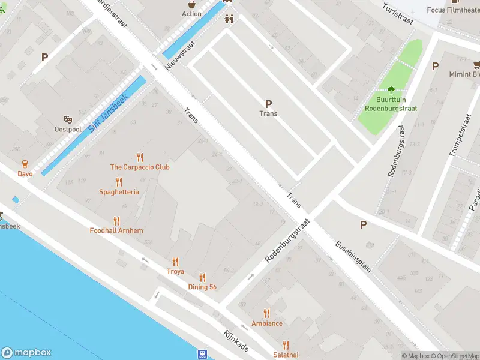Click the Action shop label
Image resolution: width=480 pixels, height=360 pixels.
tap(191, 14)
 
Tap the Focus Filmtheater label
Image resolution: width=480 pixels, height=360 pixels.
tap(453, 10)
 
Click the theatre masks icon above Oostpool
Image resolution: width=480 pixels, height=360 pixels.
tap(67, 119)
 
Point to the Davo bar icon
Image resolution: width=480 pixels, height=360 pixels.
tap(25, 164)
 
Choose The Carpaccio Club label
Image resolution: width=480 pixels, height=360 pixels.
tap(140, 167)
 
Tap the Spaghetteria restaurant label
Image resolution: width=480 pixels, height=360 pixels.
tap(119, 192)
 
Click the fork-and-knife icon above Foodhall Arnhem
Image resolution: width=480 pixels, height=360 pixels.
tap(116, 221)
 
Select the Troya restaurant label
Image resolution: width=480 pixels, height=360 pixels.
tap(175, 272)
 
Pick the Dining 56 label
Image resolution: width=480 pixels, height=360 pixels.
tap(202, 287)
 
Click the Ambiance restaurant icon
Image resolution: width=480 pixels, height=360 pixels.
tap(267, 313)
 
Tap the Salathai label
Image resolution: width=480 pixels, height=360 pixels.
tap(286, 355)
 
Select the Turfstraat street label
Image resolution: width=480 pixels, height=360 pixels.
tap(398, 13)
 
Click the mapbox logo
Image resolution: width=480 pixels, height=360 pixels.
tap(26, 353)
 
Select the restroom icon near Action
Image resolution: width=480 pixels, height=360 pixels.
tap(228, 19)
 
